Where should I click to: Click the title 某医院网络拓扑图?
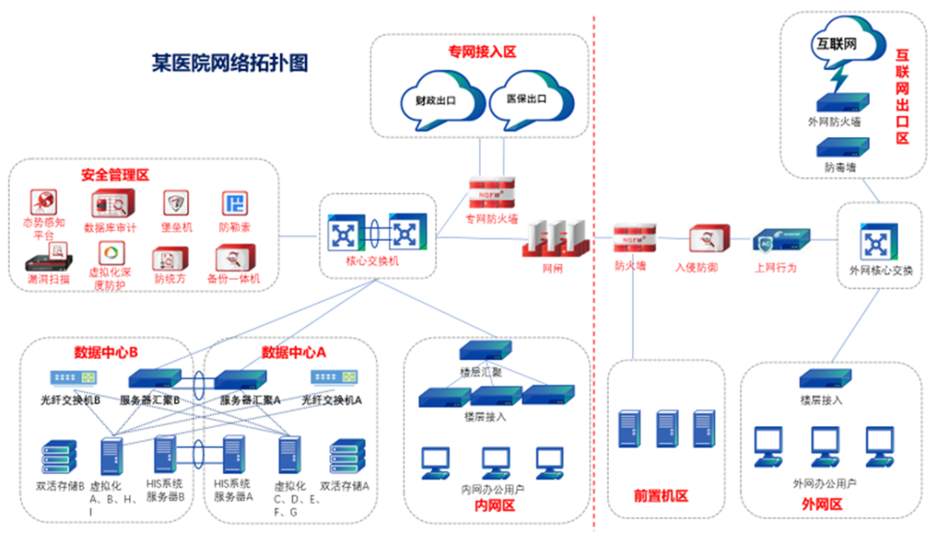coord(229,64)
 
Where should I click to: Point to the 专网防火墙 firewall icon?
coord(491,191)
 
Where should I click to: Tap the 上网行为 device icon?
coord(779,240)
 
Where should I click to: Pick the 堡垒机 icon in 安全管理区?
coord(176,204)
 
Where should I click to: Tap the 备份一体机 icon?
coord(234,258)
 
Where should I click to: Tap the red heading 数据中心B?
coord(106,352)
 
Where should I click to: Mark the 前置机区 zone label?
coord(661,496)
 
